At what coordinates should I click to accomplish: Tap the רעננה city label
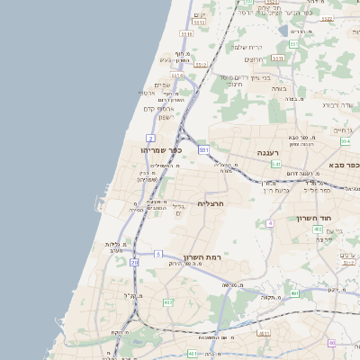(x=268, y=153)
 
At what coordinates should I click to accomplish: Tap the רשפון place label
(x=159, y=117)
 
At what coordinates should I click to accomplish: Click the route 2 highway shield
(x=147, y=137)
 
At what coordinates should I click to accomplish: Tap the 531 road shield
(x=204, y=149)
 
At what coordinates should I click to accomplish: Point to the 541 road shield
(x=276, y=165)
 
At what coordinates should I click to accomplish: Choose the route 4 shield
(x=269, y=222)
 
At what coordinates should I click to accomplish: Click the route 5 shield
(x=158, y=255)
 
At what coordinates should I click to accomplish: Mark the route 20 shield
(x=134, y=262)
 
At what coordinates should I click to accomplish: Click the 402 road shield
(x=318, y=229)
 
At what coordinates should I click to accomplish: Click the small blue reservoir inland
(x=294, y=44)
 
